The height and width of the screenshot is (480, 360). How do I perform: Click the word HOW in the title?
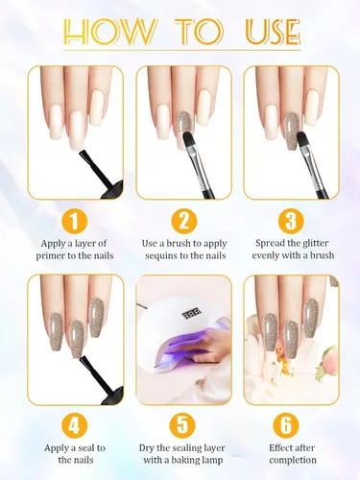[110, 32]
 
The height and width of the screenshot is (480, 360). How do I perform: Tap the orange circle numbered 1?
[74, 221]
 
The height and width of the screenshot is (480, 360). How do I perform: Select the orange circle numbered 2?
[183, 221]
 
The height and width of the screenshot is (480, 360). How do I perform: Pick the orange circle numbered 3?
[291, 221]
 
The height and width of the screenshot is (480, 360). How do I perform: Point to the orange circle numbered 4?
[74, 426]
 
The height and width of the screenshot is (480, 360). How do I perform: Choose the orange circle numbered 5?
[182, 425]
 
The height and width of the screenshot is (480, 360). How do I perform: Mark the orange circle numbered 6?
[286, 425]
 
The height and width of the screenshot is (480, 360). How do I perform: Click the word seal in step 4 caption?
[85, 448]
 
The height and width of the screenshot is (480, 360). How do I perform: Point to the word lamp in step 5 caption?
[212, 461]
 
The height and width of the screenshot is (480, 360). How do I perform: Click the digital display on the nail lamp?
[192, 315]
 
